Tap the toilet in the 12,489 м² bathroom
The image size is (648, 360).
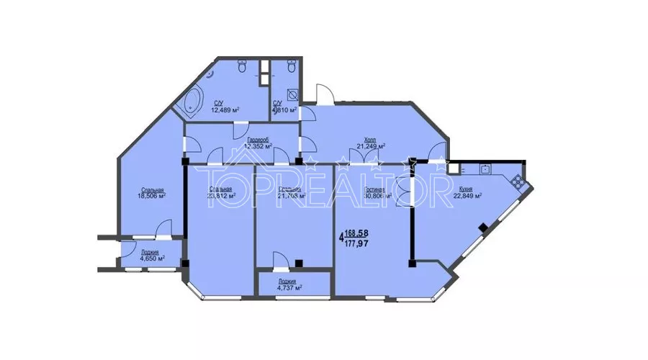[243, 66]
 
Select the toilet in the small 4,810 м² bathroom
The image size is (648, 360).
[291, 66]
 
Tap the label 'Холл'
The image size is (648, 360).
[371, 140]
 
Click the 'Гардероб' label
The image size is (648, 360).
[257, 140]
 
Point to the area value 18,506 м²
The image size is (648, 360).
[152, 194]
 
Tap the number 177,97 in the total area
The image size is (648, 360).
[359, 243]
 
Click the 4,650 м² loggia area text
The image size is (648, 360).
[150, 258]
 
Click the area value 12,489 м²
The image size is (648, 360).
[225, 111]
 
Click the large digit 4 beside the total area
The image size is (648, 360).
[341, 238]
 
